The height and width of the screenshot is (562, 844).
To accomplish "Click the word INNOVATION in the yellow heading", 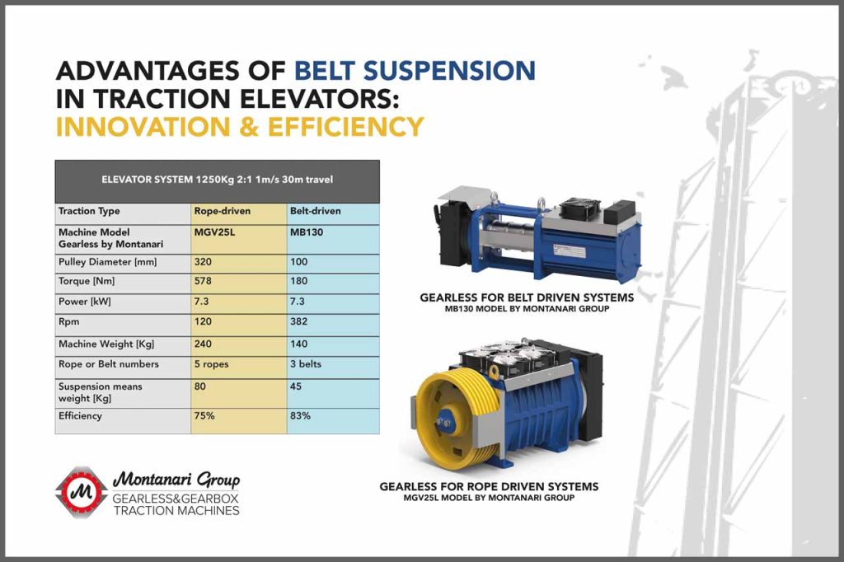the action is click(x=143, y=127).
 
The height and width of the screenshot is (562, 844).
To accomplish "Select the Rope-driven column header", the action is click(x=223, y=211).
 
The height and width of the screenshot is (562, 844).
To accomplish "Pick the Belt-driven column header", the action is click(x=316, y=211).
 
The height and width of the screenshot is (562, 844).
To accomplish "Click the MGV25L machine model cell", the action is click(x=214, y=232).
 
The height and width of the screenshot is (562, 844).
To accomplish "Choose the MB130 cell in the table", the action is click(x=307, y=232).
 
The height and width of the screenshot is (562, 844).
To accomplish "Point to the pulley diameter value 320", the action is click(x=203, y=262).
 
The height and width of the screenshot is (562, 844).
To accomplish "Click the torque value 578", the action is click(x=203, y=281).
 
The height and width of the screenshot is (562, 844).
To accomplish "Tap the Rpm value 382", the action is click(x=298, y=322).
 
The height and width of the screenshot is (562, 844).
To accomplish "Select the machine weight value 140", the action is click(x=298, y=344).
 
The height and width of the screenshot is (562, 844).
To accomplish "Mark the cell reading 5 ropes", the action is click(x=212, y=364).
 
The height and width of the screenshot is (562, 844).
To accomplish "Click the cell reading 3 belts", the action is click(x=306, y=364).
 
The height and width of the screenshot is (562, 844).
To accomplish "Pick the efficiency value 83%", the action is click(x=300, y=416).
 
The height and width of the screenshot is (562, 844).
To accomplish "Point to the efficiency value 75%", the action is click(x=204, y=416).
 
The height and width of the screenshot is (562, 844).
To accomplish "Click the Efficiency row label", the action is click(x=80, y=416).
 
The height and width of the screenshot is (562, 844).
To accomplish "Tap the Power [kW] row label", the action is click(x=85, y=302).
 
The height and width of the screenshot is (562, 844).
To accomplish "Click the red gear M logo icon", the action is click(x=82, y=492).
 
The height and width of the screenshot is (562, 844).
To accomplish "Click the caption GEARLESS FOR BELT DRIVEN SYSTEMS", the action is click(x=527, y=297).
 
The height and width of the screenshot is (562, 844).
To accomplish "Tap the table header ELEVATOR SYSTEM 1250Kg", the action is click(x=218, y=180).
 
